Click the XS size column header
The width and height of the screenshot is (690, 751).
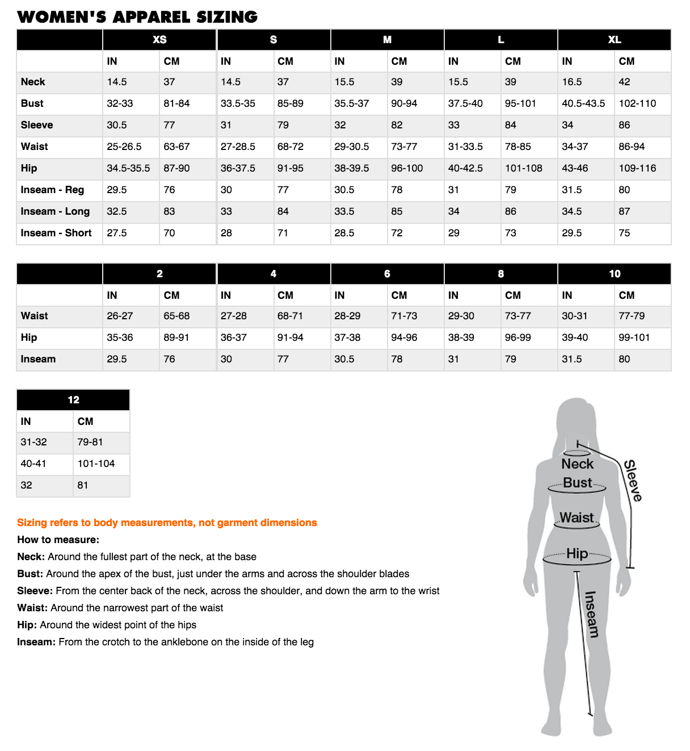tap(159, 40)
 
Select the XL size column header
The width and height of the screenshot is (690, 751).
tap(615, 40)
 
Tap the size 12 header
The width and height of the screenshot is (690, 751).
tap(73, 400)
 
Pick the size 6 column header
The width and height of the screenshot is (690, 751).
tap(387, 274)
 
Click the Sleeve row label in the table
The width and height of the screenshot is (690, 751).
tap(37, 125)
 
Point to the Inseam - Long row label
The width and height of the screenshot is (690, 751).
tap(55, 211)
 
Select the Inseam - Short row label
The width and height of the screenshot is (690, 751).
tap(56, 233)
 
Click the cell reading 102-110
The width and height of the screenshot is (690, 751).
tap(637, 103)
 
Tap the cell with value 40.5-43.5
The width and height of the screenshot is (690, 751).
tap(583, 103)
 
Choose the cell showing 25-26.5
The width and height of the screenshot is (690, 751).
tap(124, 147)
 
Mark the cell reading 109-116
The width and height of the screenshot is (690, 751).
tap(637, 168)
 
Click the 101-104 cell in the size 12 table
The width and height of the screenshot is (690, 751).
tap(96, 464)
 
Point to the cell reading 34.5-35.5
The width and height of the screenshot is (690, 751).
tap(128, 168)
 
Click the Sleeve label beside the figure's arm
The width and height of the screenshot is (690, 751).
tap(633, 481)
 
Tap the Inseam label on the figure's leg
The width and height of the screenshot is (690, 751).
tap(591, 614)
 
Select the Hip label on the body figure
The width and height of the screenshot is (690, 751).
tap(577, 553)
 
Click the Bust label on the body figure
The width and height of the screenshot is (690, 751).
tap(578, 483)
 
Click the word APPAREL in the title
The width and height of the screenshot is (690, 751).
tap(152, 17)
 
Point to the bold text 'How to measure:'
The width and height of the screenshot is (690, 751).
tap(58, 540)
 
